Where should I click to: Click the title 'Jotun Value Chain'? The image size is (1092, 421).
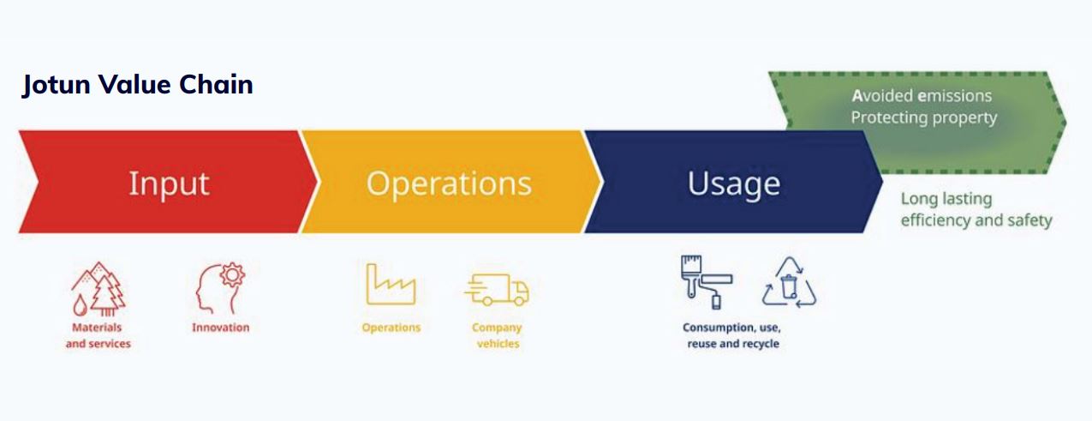(138, 86)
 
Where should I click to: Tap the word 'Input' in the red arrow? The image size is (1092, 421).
(170, 184)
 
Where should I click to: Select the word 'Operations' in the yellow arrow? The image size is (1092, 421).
(449, 183)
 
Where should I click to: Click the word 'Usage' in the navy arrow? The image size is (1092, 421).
(734, 184)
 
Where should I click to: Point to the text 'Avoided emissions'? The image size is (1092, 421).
(922, 96)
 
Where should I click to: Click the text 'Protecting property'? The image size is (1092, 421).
(924, 118)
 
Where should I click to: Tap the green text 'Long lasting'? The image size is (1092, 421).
(946, 199)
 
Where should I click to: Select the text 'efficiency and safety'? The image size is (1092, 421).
(976, 220)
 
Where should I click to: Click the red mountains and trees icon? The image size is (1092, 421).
(98, 289)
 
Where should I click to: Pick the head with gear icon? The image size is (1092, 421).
(220, 288)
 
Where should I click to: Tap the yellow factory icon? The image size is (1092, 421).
(391, 285)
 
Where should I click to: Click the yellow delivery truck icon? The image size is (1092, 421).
(497, 290)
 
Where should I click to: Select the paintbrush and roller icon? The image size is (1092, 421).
(707, 282)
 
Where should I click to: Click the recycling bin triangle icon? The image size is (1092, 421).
(789, 283)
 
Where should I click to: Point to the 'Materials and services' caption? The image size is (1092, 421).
(98, 335)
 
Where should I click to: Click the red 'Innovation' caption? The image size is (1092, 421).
(220, 328)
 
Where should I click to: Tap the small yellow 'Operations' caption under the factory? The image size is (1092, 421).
(391, 328)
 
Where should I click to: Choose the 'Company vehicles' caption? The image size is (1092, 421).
(498, 335)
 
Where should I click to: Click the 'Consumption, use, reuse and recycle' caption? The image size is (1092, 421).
(732, 335)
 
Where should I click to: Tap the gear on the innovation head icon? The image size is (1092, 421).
(232, 275)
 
